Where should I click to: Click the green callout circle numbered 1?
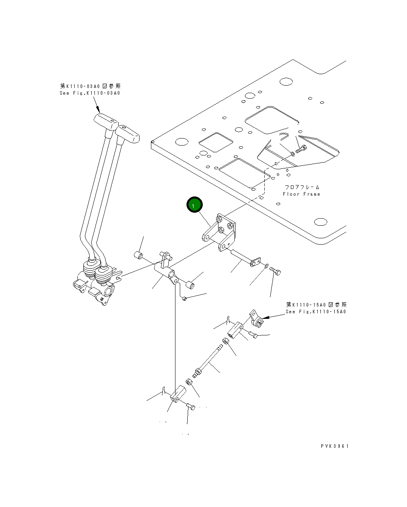[x=194, y=204]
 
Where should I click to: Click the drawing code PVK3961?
[x=335, y=446]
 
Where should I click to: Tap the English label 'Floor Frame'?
[x=301, y=194]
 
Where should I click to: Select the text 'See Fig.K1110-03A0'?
[x=90, y=93]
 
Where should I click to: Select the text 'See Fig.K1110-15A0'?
[x=316, y=312]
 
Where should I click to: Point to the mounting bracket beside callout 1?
[x=219, y=232]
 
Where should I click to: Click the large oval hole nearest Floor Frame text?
[x=320, y=222]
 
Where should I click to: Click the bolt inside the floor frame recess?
[x=301, y=149]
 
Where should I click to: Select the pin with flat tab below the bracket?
[x=246, y=258]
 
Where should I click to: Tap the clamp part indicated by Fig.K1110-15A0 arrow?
[x=256, y=318]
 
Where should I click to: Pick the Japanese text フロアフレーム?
[x=302, y=187]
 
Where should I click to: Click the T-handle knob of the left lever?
[x=106, y=122]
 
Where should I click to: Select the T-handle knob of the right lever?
[x=127, y=134]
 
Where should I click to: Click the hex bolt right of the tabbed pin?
[x=275, y=271]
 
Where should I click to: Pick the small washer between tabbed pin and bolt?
[x=266, y=266]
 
